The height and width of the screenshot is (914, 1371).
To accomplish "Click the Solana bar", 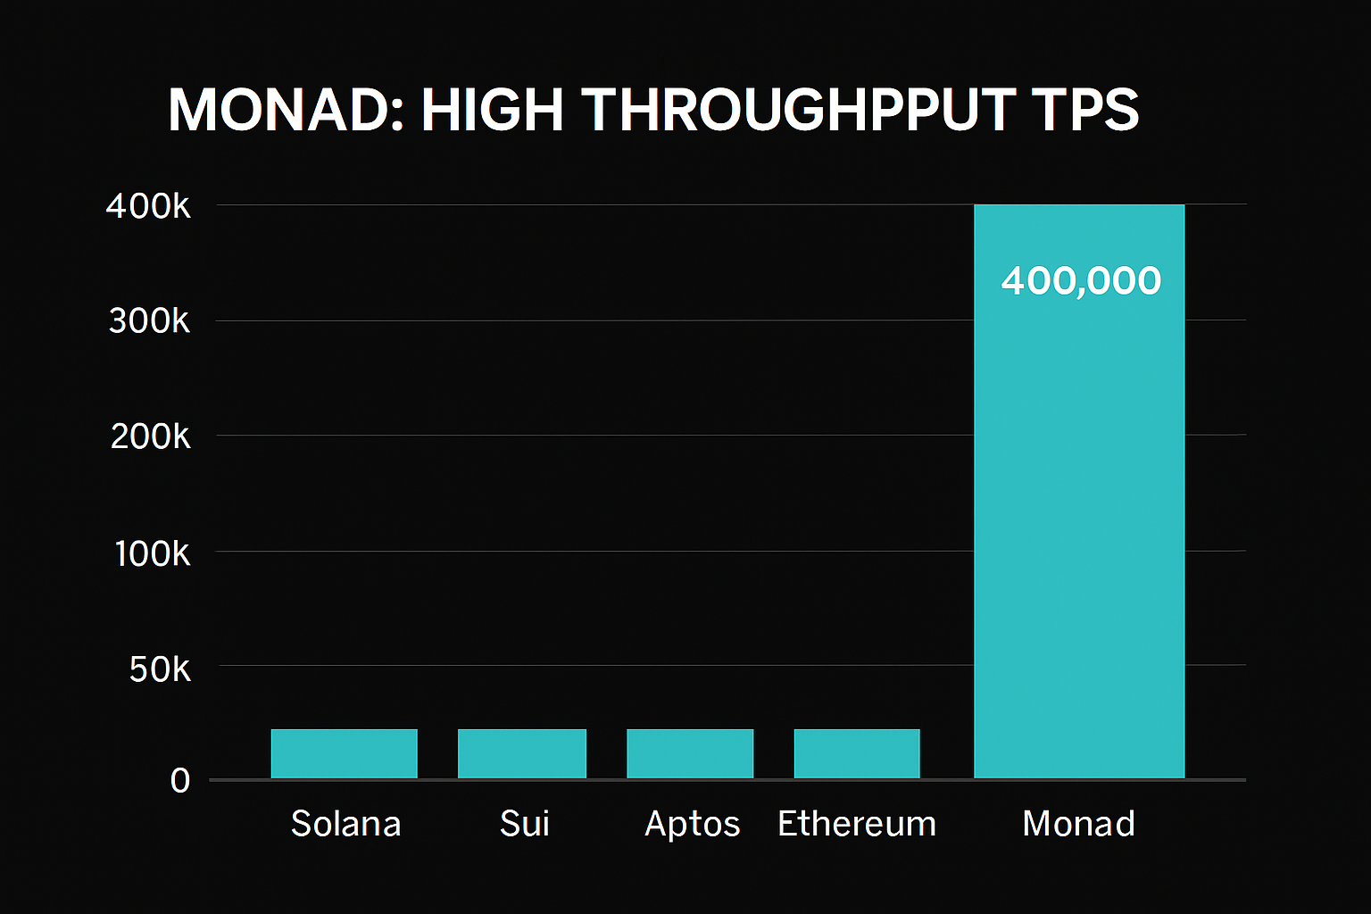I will [x=344, y=753].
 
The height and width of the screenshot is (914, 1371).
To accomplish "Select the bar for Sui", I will [x=521, y=753].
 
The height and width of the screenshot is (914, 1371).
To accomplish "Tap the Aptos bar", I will [x=690, y=753].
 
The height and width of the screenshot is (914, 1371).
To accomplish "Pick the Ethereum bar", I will [x=856, y=753].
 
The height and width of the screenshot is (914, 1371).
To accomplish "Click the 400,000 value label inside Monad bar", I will [x=1081, y=281].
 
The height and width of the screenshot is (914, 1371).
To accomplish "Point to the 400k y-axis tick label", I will [x=148, y=206].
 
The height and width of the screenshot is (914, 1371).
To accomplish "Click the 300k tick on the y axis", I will [x=149, y=320].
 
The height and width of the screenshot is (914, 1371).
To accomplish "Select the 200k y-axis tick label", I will [x=150, y=436].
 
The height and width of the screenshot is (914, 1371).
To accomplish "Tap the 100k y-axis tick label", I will [x=152, y=553].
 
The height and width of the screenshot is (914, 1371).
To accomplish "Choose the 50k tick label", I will [x=160, y=669].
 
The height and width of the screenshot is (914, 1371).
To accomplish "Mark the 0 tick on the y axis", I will [x=180, y=781].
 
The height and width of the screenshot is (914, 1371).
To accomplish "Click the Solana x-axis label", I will [x=345, y=823].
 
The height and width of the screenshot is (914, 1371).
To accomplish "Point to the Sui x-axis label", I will [x=524, y=823].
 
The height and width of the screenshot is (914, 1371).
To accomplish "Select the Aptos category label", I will [x=693, y=823].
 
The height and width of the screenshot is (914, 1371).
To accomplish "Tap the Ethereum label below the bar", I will [x=857, y=823].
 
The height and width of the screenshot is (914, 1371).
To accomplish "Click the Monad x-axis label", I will [x=1078, y=823].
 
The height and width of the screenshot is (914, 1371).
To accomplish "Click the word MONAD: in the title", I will [x=285, y=111].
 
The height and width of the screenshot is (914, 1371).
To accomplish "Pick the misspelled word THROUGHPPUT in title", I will [x=800, y=111].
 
